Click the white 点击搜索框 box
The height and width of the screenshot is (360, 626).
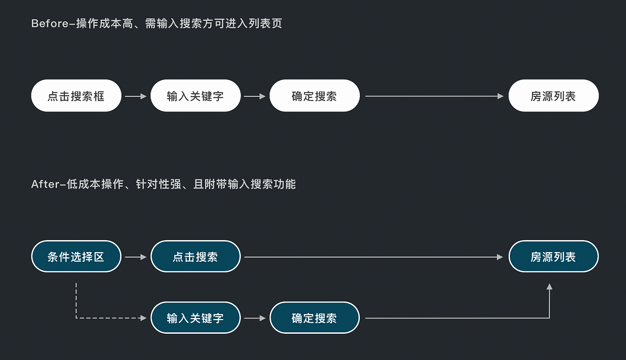pos(76,96)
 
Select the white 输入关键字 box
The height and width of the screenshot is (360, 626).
pos(196,96)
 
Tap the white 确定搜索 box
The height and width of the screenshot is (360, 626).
pos(315,96)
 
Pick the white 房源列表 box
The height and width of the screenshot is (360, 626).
pos(553,96)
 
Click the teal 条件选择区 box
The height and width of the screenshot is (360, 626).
pos(76,257)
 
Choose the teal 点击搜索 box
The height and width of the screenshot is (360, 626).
pos(196,257)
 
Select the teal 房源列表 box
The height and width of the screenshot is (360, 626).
pos(553,257)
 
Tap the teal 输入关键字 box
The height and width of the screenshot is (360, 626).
pos(196,318)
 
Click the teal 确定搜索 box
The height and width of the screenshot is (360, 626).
pos(315,318)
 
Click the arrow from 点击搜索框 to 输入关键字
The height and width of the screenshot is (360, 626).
pos(136,96)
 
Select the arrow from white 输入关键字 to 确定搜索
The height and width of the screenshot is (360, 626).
pos(255,96)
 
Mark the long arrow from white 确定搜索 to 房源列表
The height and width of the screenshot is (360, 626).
pos(434,96)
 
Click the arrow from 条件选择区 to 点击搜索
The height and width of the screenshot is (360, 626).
pos(136,257)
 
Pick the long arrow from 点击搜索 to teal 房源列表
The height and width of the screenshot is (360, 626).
pos(373,257)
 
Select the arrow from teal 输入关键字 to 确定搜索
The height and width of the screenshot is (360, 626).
pos(255,318)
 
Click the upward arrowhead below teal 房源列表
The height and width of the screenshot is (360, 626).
pos(549,287)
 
